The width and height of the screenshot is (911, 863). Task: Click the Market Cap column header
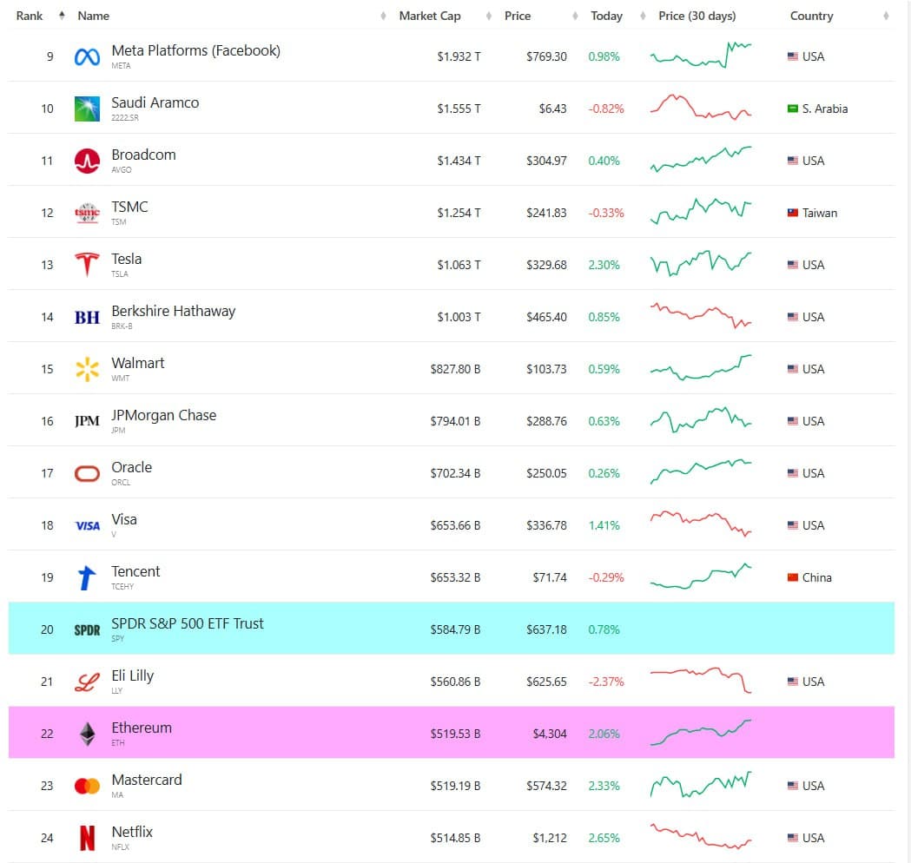pyautogui.click(x=430, y=16)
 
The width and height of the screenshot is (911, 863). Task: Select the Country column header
pyautogui.click(x=811, y=16)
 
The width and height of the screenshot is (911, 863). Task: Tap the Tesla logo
pyautogui.click(x=87, y=264)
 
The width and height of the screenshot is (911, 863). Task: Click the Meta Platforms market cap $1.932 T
pyautogui.click(x=459, y=56)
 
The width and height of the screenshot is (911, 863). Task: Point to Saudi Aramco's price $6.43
pyautogui.click(x=552, y=109)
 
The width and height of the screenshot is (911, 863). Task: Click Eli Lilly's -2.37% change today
pyautogui.click(x=605, y=682)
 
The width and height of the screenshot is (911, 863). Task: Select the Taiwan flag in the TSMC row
pyautogui.click(x=793, y=213)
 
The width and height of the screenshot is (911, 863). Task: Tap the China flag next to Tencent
pyautogui.click(x=793, y=577)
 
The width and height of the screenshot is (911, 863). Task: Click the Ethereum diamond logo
pyautogui.click(x=87, y=734)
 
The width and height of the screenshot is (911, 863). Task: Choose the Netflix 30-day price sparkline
pyautogui.click(x=701, y=837)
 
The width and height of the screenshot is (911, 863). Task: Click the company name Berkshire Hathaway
pyautogui.click(x=173, y=311)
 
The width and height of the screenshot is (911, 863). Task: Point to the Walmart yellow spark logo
pyautogui.click(x=87, y=369)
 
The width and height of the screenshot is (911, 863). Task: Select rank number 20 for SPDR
pyautogui.click(x=47, y=629)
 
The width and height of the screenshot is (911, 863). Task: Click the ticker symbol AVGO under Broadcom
pyautogui.click(x=122, y=170)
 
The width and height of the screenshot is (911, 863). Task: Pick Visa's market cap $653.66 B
pyautogui.click(x=455, y=525)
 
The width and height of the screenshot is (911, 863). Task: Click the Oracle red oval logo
pyautogui.click(x=87, y=473)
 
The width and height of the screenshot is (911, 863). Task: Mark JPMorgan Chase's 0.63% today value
pyautogui.click(x=604, y=421)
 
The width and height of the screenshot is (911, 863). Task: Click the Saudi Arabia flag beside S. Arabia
pyautogui.click(x=793, y=109)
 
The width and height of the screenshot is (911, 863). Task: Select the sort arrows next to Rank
pyautogui.click(x=61, y=16)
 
